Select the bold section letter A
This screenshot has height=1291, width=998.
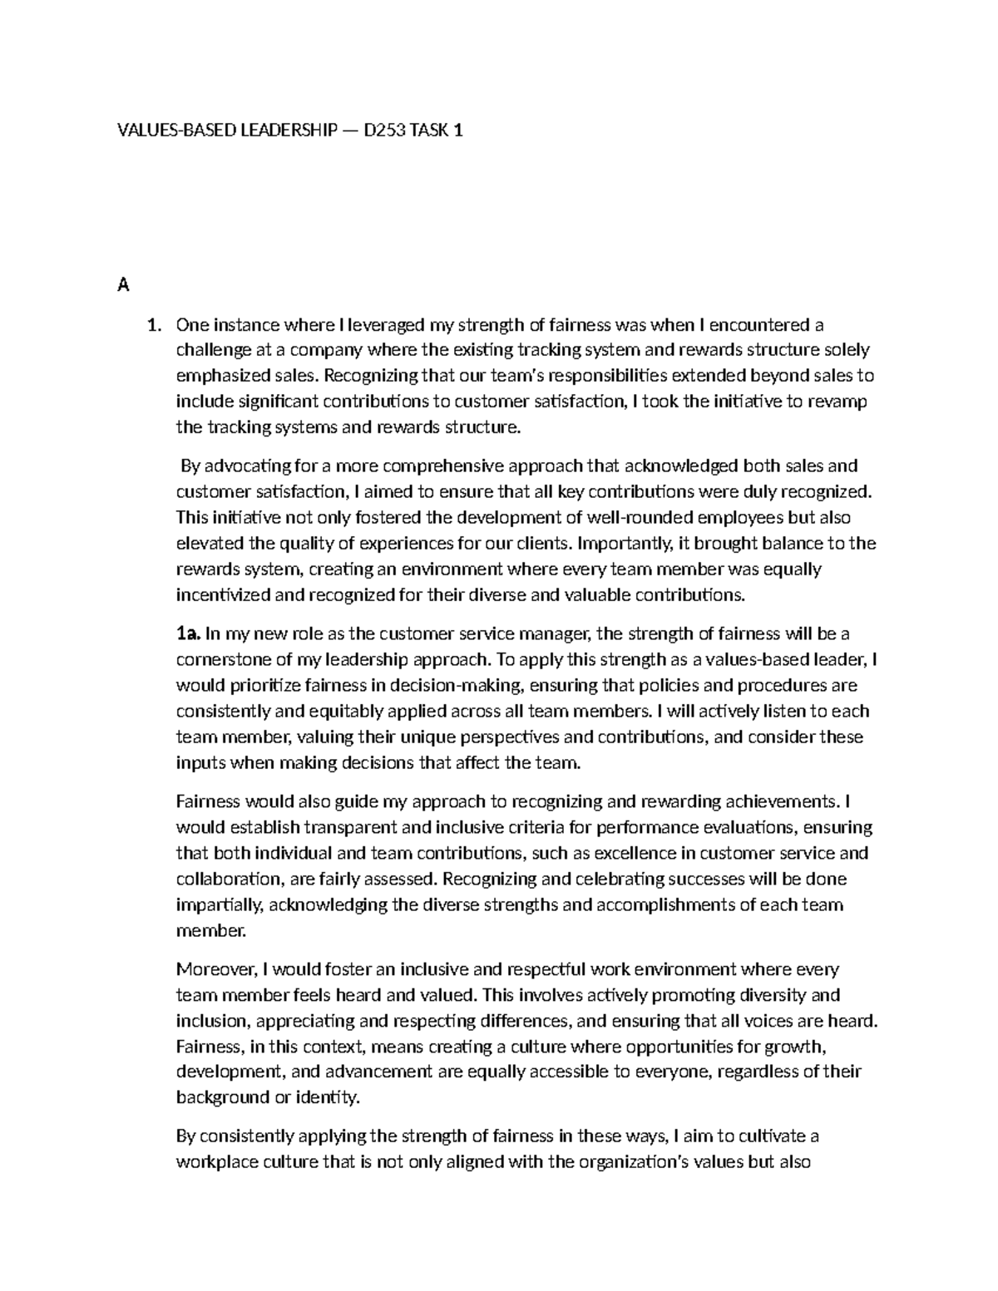[123, 286]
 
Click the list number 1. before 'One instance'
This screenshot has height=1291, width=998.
[154, 325]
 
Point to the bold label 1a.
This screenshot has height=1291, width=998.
[188, 634]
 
